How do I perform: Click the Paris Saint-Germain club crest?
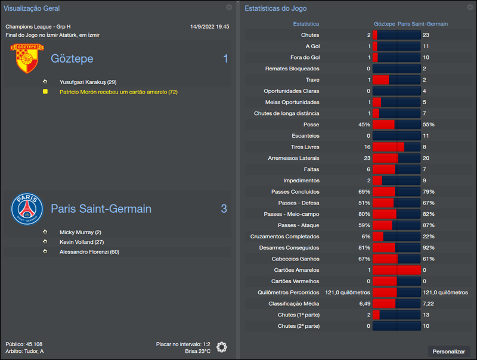coord(27,209)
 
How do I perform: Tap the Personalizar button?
coord(448,352)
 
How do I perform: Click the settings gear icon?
coord(222,347)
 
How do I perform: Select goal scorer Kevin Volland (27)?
coord(82,242)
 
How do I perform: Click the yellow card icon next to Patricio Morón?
coord(45,92)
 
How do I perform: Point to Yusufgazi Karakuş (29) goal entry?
coord(88,82)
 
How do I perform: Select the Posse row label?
coord(311,125)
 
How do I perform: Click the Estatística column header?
coord(306,24)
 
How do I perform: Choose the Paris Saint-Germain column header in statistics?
coord(422,24)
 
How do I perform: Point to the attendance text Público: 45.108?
coord(24,344)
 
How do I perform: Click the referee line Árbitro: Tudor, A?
coord(24,351)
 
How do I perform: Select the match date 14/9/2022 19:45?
coord(209,27)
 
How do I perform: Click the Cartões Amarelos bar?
coord(397,270)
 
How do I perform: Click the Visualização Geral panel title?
coord(32,8)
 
